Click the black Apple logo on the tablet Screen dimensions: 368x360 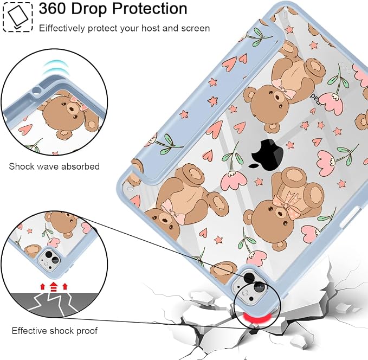point(266,153)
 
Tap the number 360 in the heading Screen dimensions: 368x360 point(53,9)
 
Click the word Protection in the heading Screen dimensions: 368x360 point(150,9)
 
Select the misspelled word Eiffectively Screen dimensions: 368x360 point(62,28)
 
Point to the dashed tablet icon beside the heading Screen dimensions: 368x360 point(18,17)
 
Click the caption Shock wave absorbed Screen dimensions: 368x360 point(54,166)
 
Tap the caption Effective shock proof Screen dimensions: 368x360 point(55,331)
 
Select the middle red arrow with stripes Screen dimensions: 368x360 point(54,287)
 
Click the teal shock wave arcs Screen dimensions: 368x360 point(55,67)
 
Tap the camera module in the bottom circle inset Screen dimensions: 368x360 point(49,260)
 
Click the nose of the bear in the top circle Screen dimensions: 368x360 point(71,110)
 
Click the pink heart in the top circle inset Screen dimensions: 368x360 point(25,130)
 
